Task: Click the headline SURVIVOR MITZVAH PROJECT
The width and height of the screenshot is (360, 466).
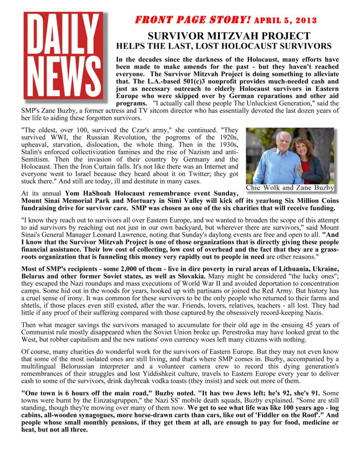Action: [229, 36]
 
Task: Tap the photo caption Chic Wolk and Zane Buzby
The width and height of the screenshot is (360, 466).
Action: [290, 187]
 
